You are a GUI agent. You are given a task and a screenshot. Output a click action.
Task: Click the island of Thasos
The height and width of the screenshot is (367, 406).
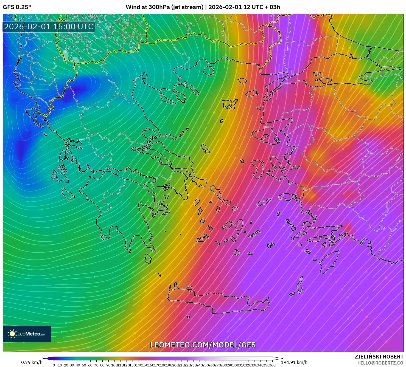(209, 70)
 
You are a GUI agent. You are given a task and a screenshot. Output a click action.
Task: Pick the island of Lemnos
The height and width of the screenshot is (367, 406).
(230, 104)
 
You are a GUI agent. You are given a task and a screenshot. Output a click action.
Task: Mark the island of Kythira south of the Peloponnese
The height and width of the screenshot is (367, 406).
(148, 258)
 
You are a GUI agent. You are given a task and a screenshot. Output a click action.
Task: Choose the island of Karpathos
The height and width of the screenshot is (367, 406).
(300, 285)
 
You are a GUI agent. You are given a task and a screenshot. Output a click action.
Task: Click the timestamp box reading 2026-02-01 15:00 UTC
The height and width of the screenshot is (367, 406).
(49, 27)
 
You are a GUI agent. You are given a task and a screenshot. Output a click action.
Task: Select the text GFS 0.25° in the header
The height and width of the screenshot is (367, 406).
(17, 7)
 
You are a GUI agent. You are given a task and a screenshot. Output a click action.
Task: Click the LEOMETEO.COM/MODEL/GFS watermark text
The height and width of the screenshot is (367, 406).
(203, 345)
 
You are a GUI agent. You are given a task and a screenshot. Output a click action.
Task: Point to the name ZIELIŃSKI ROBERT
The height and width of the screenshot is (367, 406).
(379, 357)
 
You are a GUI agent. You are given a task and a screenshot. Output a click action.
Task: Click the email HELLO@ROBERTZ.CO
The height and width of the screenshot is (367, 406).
(380, 363)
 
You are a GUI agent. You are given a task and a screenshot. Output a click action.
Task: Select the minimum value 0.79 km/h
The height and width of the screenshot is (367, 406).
(32, 362)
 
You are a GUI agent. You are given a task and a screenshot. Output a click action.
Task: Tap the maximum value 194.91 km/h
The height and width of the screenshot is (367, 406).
(294, 362)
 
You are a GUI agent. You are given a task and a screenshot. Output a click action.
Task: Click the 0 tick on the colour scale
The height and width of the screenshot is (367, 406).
(54, 365)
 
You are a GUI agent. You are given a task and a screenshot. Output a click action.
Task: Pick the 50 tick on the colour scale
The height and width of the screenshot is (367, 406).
(84, 365)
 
